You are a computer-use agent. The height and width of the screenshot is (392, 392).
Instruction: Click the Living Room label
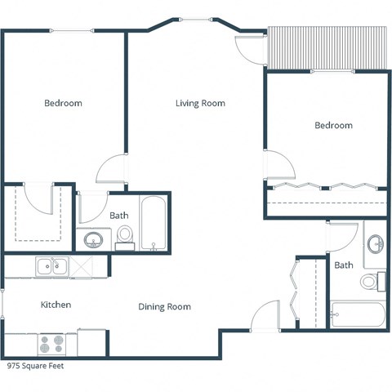pyautogui.click(x=200, y=104)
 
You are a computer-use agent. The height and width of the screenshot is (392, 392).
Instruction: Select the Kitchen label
pyautogui.click(x=56, y=305)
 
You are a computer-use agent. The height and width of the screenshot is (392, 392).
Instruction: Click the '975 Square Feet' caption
pyautogui.click(x=35, y=367)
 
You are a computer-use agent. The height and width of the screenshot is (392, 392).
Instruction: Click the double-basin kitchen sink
pyautogui.click(x=51, y=265)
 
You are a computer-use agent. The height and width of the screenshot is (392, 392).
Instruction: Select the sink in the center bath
pyautogui.click(x=94, y=239)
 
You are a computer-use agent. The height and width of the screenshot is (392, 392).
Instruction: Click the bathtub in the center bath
pyautogui.click(x=153, y=223)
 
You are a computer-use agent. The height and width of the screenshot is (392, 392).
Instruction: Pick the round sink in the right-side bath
pyautogui.click(x=376, y=244)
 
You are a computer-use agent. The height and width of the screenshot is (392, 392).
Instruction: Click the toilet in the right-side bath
pyautogui.click(x=372, y=282)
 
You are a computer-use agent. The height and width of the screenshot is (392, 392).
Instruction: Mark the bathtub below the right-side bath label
pyautogui.click(x=357, y=314)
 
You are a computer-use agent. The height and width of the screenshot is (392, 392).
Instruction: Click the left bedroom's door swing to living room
pyautogui.click(x=110, y=169)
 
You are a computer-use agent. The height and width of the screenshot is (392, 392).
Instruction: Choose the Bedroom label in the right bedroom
pyautogui.click(x=333, y=126)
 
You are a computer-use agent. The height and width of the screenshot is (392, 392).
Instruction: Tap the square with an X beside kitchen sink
pyautogui.click(x=82, y=265)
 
